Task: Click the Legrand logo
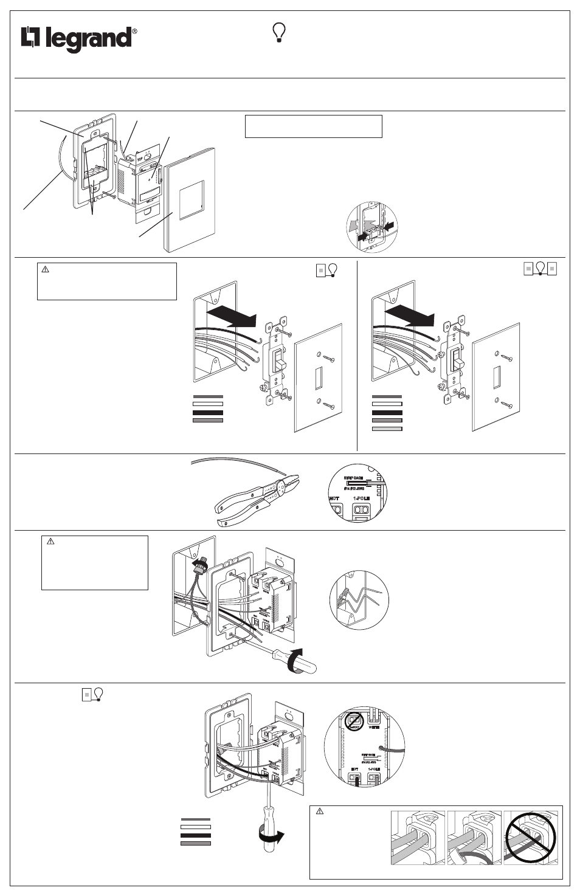[x=77, y=40]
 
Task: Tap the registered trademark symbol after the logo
[x=134, y=31]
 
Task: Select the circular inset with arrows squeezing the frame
[x=372, y=227]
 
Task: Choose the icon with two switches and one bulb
[x=540, y=269]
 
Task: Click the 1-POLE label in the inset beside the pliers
[x=365, y=498]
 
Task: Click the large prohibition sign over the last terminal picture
[x=530, y=838]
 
